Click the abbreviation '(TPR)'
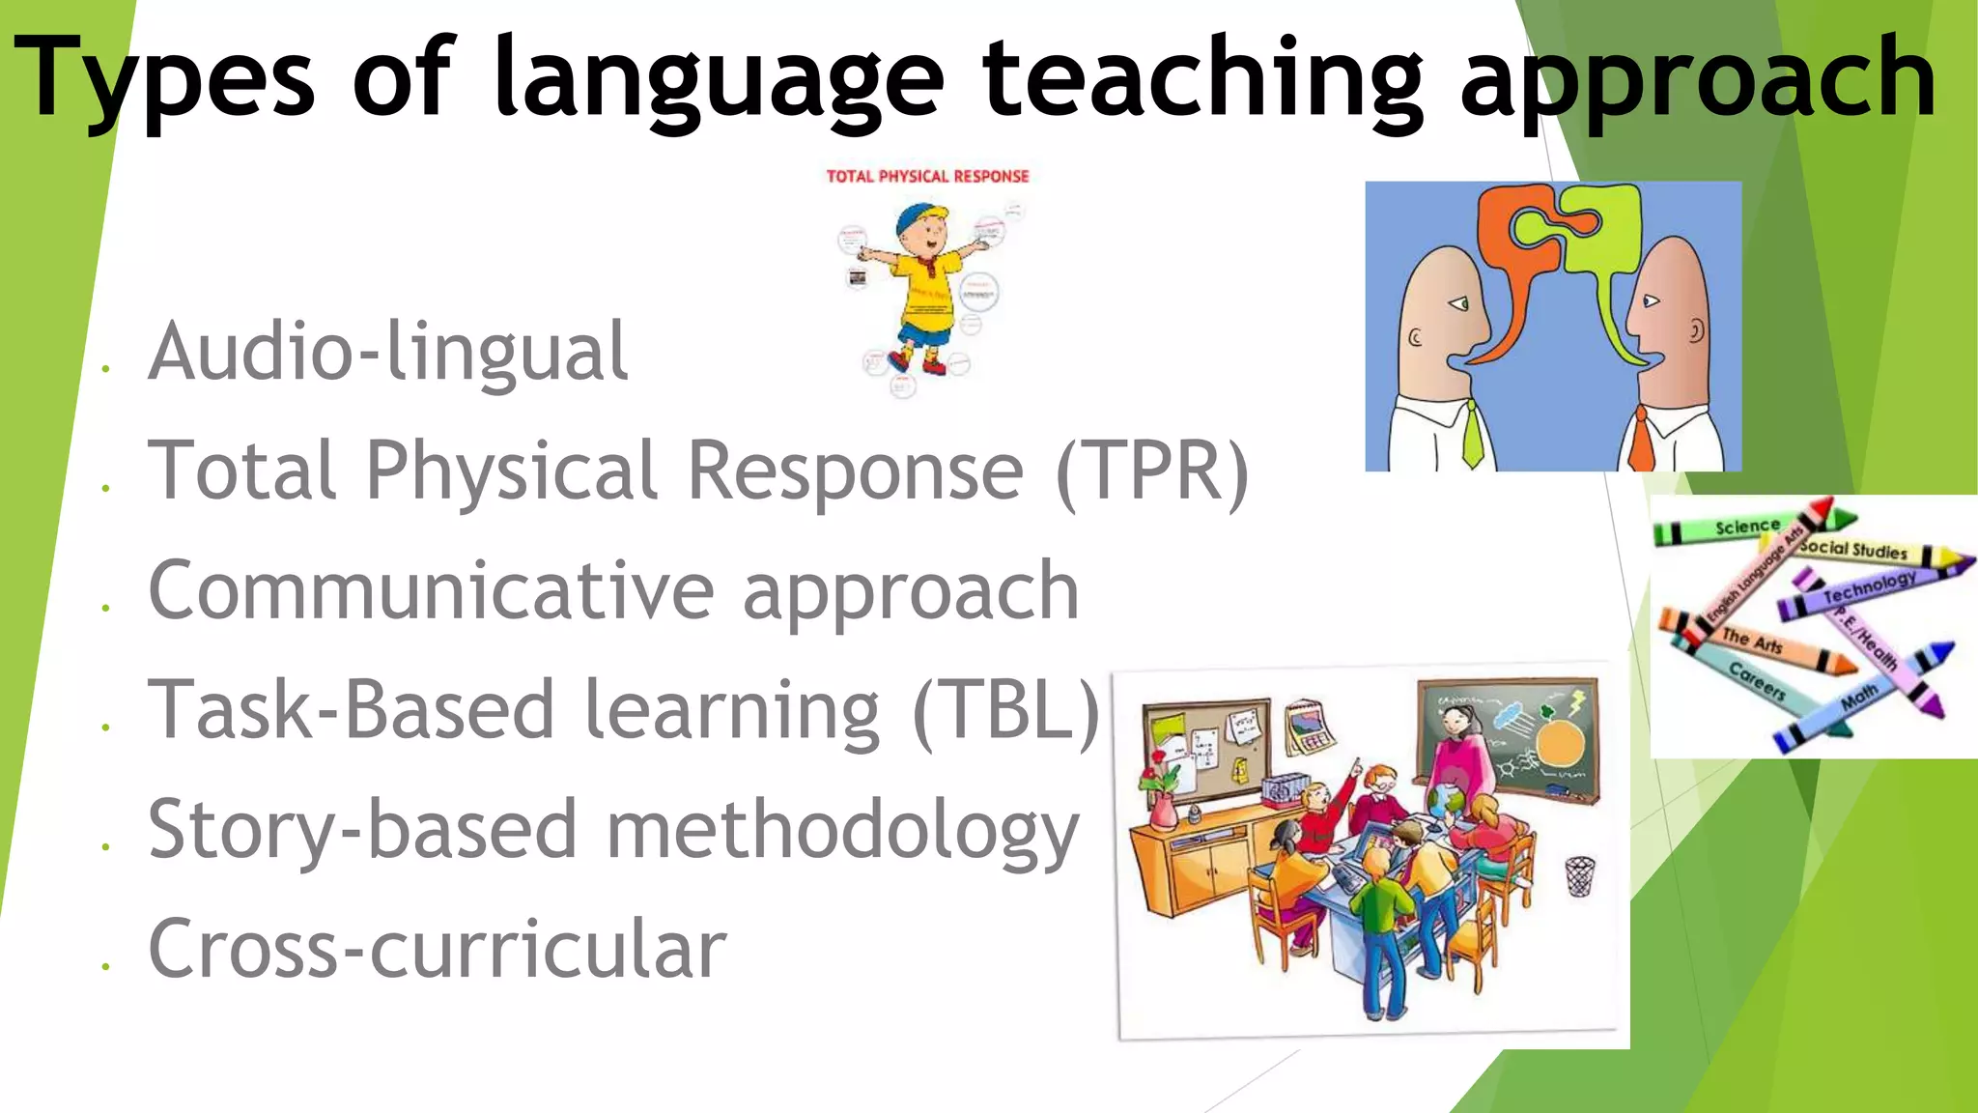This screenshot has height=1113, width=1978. [x=1153, y=471]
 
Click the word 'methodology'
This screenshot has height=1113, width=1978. [x=841, y=831]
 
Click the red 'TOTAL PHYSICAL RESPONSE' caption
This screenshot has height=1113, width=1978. [x=927, y=176]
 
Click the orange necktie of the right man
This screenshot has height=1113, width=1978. [x=1642, y=440]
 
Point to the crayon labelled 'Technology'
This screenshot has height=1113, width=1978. [x=1869, y=587]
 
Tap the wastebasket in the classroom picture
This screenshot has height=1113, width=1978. [x=1579, y=875]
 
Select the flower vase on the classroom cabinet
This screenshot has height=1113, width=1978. [x=1163, y=807]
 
